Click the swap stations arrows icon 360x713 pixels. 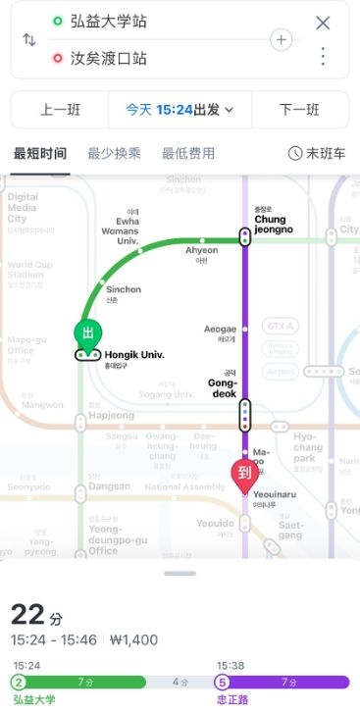(x=29, y=40)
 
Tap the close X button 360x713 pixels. (x=323, y=23)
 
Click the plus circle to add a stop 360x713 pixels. (x=282, y=40)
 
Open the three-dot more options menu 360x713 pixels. (x=323, y=56)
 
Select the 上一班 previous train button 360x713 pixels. (x=59, y=110)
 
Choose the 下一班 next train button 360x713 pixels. (x=300, y=110)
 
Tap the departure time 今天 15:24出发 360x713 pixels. (x=180, y=110)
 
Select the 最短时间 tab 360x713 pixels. (x=40, y=154)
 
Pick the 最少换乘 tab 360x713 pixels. (x=115, y=154)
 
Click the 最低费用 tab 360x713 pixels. (x=188, y=154)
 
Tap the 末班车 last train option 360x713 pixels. (x=317, y=154)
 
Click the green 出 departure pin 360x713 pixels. (x=87, y=333)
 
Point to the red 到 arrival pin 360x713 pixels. (x=244, y=473)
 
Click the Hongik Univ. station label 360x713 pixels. (x=133, y=354)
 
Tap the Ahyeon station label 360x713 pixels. (x=202, y=250)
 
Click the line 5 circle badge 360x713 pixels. (x=223, y=683)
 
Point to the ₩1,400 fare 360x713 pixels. (x=133, y=640)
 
